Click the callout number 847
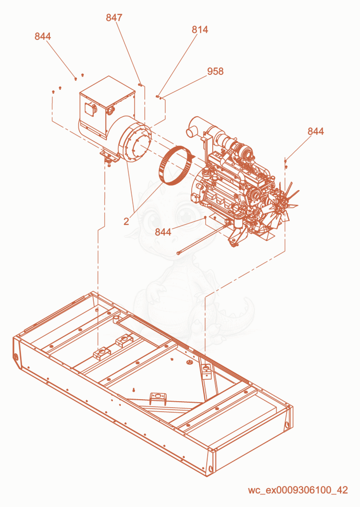click(114, 17)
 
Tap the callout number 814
click(200, 29)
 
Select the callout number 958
click(215, 71)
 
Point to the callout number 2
click(126, 221)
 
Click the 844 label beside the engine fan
click(316, 131)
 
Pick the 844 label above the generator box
click(43, 36)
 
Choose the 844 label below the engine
click(163, 232)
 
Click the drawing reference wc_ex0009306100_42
click(298, 490)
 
